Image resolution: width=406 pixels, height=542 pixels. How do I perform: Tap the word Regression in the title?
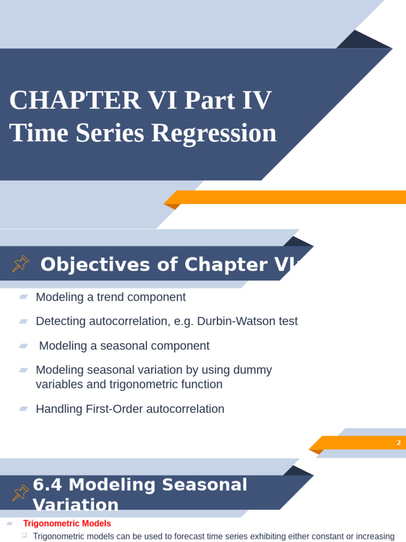214,133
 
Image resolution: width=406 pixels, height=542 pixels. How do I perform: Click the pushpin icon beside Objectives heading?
21,264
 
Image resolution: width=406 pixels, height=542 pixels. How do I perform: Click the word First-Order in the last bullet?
111,409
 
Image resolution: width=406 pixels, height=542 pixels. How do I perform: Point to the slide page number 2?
399,443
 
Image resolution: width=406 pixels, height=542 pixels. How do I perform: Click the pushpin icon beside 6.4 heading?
21,493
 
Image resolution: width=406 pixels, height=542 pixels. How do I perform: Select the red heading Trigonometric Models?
67,523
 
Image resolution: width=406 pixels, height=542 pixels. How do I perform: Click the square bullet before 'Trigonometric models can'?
24,536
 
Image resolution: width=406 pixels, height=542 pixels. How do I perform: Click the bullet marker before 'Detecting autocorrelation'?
23,321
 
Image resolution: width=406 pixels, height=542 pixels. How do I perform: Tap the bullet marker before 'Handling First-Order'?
23,409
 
